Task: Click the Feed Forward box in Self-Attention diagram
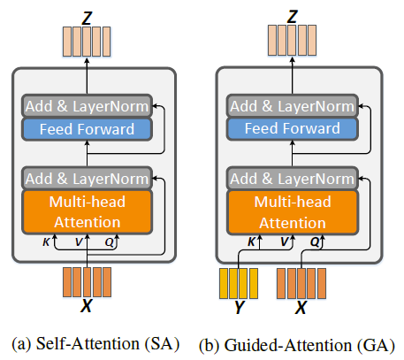(87, 129)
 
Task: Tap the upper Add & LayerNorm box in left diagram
(87, 107)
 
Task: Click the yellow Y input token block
(238, 284)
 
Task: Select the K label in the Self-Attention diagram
(46, 240)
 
